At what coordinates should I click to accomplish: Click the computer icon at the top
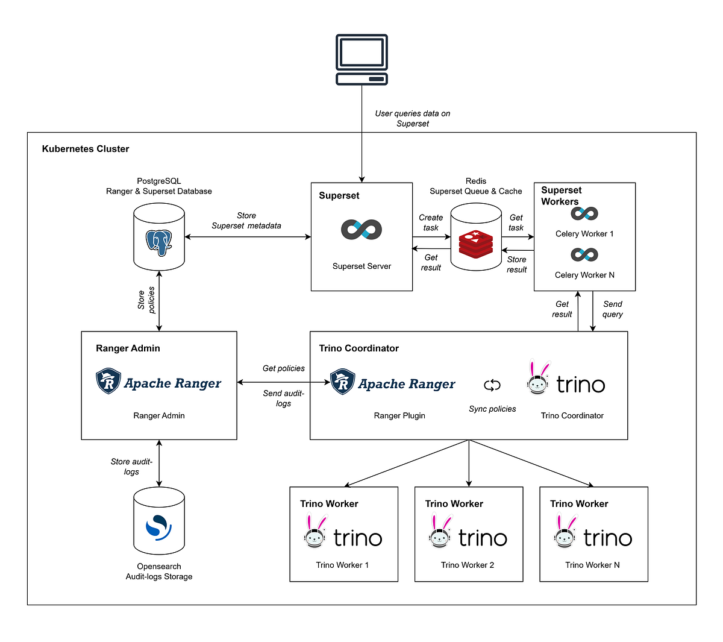(x=361, y=60)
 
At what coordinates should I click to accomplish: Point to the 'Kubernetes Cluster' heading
(x=86, y=149)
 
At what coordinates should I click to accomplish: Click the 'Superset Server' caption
(x=361, y=266)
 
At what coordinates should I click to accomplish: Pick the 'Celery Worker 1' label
(x=584, y=234)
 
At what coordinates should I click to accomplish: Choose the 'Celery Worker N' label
(x=584, y=275)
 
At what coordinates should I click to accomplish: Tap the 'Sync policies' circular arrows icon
(x=492, y=385)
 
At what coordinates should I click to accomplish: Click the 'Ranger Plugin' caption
(x=399, y=415)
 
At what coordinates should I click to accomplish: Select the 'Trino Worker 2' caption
(x=468, y=565)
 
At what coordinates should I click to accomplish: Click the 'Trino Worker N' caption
(x=592, y=565)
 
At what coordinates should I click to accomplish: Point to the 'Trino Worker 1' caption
(x=342, y=565)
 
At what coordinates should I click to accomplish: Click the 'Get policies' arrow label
(x=283, y=368)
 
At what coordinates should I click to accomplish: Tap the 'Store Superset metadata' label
(x=246, y=221)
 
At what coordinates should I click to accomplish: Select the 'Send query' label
(x=613, y=309)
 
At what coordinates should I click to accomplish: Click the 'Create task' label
(x=431, y=222)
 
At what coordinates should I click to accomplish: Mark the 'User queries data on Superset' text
(x=413, y=118)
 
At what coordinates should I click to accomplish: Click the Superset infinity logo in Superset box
(x=361, y=230)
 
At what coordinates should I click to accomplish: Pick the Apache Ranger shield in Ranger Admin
(x=108, y=382)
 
